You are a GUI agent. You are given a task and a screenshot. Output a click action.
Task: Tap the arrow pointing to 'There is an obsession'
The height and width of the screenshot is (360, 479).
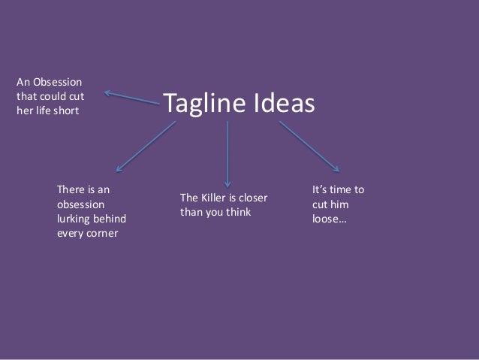(x=146, y=146)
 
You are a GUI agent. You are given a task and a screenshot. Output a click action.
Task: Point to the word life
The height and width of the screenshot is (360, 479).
(x=43, y=110)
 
